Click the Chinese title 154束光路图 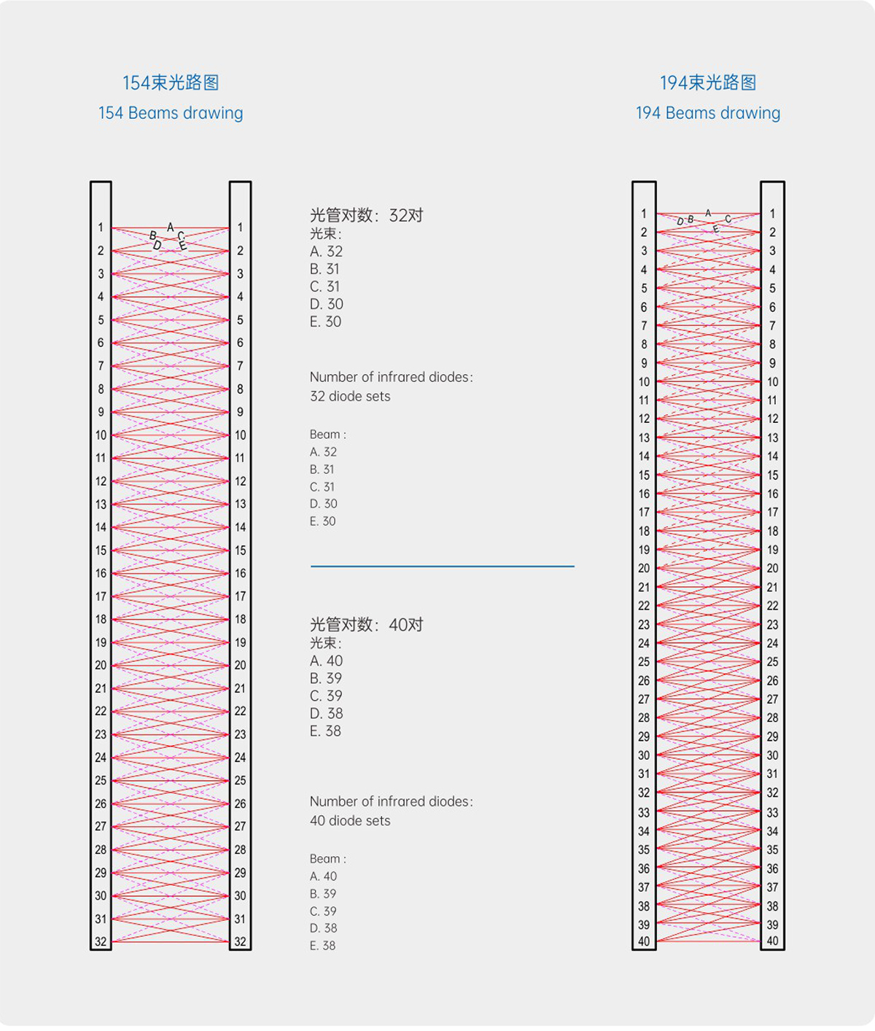(171, 83)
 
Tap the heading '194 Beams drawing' (708, 113)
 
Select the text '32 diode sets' (350, 396)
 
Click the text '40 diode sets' (350, 820)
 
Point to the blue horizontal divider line (443, 566)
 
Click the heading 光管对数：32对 (367, 216)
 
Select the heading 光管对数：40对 (367, 624)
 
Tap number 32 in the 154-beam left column (101, 942)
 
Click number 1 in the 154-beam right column (240, 227)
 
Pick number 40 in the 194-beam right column (772, 941)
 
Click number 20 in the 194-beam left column (644, 568)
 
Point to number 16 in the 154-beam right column (241, 573)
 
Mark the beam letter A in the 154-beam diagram (170, 227)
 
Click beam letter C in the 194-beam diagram (728, 219)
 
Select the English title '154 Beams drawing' (171, 113)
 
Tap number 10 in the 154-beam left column (101, 435)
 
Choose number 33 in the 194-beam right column (772, 812)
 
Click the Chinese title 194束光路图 (708, 83)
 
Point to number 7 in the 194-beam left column (644, 326)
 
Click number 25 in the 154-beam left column (101, 780)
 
